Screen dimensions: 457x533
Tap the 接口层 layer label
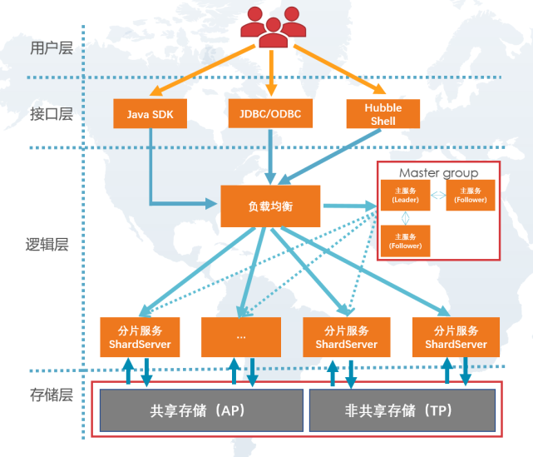pyautogui.click(x=52, y=114)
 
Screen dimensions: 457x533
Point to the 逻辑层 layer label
pyautogui.click(x=46, y=245)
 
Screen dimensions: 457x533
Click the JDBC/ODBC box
pyautogui.click(x=270, y=113)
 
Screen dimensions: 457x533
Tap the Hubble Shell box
pyautogui.click(x=383, y=114)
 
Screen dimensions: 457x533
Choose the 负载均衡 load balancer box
pyautogui.click(x=270, y=206)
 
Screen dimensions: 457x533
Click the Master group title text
pyautogui.click(x=438, y=173)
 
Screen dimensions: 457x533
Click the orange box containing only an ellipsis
pyautogui.click(x=241, y=337)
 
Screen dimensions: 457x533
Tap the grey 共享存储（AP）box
pyautogui.click(x=200, y=410)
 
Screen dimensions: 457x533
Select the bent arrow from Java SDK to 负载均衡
pyautogui.click(x=152, y=179)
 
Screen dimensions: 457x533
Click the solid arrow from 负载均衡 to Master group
pyautogui.click(x=348, y=206)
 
